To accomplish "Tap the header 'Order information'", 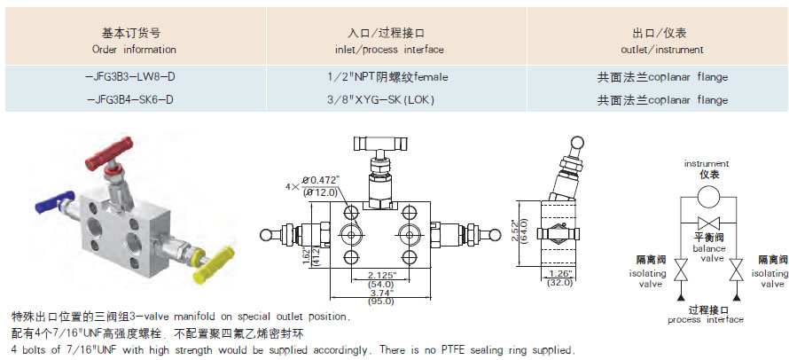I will coord(133,50).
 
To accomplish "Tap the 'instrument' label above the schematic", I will coord(707,164).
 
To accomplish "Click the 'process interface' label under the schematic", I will coord(706,319).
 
